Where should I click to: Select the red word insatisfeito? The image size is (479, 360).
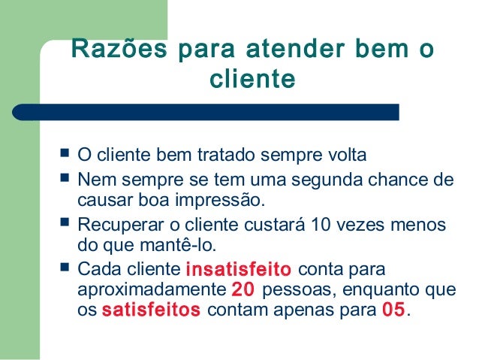click(x=238, y=269)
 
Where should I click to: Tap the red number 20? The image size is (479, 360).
click(x=243, y=289)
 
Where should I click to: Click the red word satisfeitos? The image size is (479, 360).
click(x=150, y=310)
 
